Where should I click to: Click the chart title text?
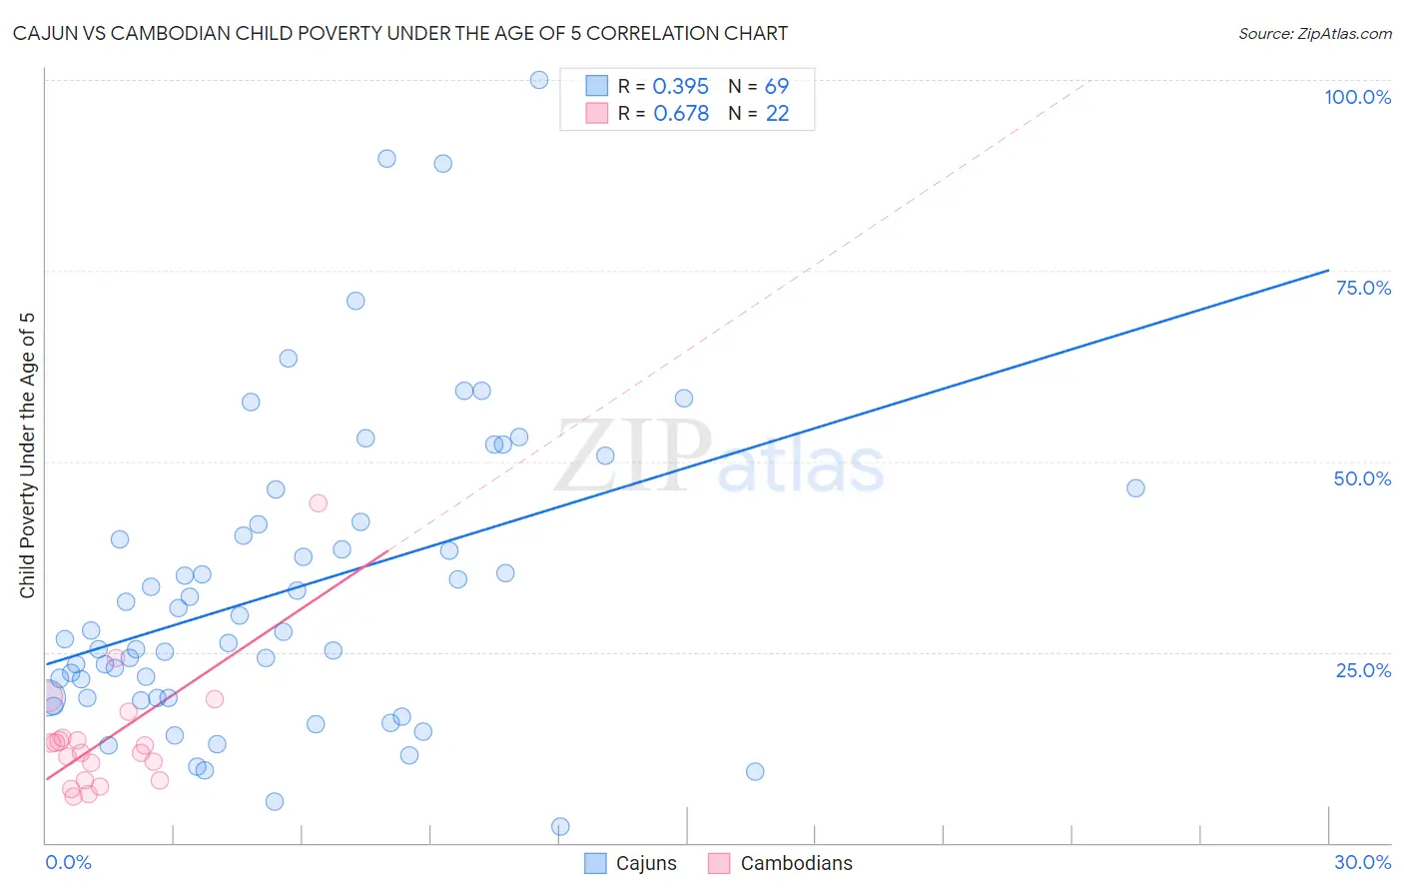tap(399, 33)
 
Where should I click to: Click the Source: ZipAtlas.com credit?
tap(1314, 33)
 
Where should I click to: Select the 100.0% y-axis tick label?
tap(1357, 97)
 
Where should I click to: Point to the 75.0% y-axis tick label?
tap(1363, 288)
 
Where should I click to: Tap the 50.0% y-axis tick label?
tap(1362, 478)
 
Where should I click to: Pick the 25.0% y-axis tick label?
tap(1363, 670)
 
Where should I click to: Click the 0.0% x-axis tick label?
tap(68, 862)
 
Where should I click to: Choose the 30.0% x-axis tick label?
tap(1362, 862)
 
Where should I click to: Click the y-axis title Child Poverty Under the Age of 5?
tap(28, 455)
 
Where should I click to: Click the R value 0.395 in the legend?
tap(680, 86)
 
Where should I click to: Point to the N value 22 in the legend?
tap(777, 113)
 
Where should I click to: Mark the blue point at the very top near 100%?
tap(539, 80)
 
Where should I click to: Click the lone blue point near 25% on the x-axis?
tap(1135, 488)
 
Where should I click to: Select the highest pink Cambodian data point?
tap(319, 502)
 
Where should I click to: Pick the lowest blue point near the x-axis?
tap(560, 826)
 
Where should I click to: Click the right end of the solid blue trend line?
tap(1328, 270)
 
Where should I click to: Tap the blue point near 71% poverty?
tap(355, 301)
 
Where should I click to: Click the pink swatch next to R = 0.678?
tap(597, 113)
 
